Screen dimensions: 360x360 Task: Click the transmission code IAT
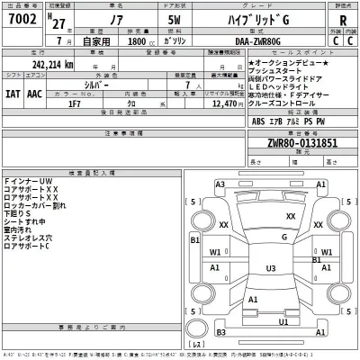[13, 92]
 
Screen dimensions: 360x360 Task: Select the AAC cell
[34, 92]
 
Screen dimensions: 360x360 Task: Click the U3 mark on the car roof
[270, 268]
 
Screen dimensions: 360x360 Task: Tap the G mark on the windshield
[284, 237]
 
